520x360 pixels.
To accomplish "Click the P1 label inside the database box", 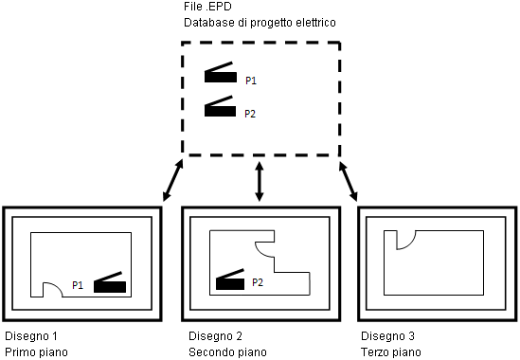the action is tap(251, 81).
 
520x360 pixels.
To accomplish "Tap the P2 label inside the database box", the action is tap(250, 114).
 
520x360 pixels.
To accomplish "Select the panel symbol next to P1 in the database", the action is tap(221, 73).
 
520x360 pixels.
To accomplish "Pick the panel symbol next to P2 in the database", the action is tap(220, 107).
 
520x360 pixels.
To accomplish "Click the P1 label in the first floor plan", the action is tap(78, 285).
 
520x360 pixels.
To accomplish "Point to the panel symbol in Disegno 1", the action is tap(110, 282).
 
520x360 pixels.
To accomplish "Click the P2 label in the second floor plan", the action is tap(258, 282).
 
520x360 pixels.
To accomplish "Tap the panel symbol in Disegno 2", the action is tap(230, 279).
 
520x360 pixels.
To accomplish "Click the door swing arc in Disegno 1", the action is tap(57, 284).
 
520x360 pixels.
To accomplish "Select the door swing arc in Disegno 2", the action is tap(259, 251).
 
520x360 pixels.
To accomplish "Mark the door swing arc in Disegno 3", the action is tap(411, 243).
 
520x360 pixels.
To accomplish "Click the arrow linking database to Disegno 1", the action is tap(172, 180).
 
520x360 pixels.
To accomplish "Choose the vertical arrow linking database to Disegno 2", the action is tap(260, 181).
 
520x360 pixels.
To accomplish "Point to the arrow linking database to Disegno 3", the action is tap(348, 181).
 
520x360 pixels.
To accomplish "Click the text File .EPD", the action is tap(207, 6).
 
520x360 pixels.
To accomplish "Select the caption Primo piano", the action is tap(36, 352).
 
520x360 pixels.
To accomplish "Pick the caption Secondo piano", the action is tap(227, 352).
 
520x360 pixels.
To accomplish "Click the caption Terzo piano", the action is tap(391, 352).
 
